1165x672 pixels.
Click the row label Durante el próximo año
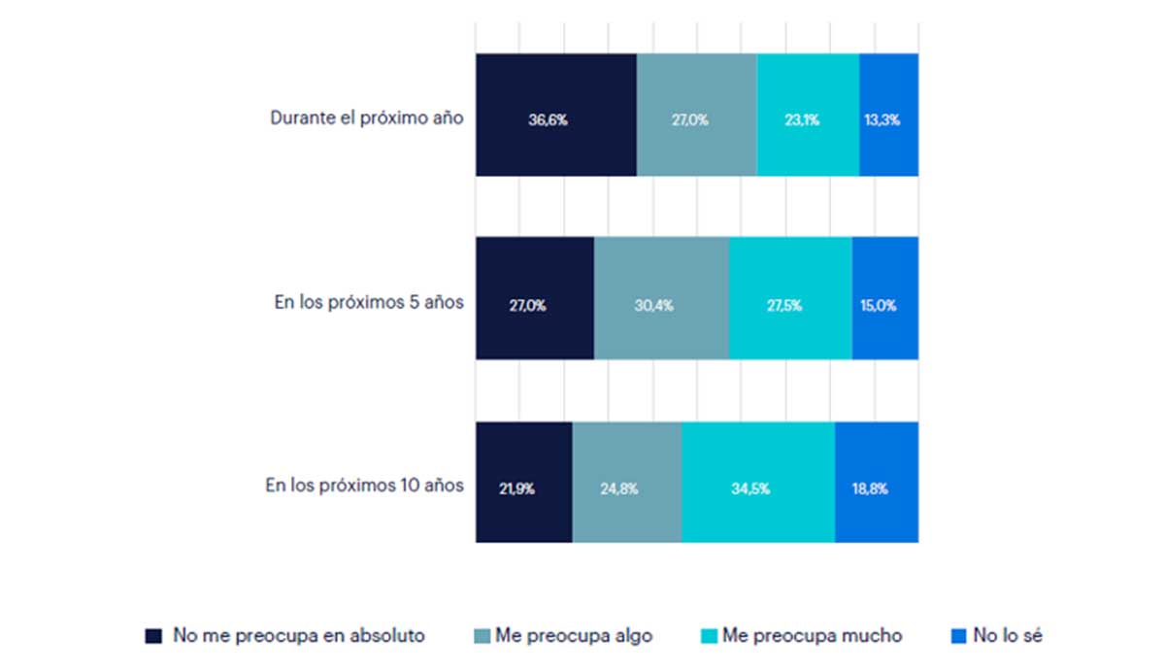(366, 118)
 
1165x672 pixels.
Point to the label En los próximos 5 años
(369, 302)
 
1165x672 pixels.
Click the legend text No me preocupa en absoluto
(298, 636)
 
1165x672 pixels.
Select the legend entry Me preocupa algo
(574, 636)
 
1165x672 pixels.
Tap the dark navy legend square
(153, 636)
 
